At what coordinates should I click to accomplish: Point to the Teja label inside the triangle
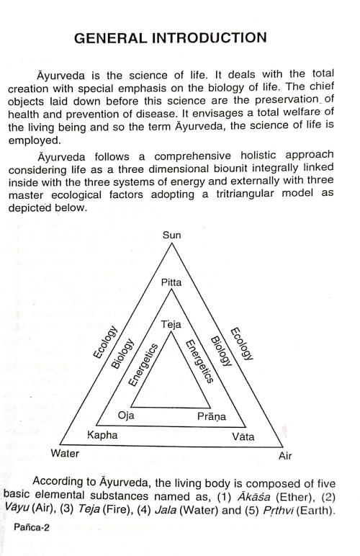tap(171, 325)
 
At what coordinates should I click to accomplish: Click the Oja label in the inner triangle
tap(126, 416)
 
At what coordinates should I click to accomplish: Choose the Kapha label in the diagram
tap(102, 436)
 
